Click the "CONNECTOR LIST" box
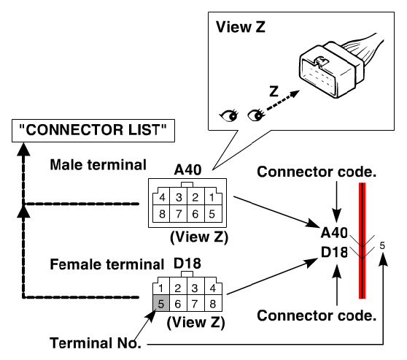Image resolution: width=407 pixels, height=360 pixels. pos(93,131)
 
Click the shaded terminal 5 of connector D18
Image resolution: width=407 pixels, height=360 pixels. pos(161,303)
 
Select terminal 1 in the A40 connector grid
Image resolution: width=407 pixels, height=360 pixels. pos(212,197)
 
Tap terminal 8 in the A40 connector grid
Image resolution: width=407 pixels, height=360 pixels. pos(162,214)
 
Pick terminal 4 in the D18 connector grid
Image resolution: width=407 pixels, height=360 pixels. pos(213,288)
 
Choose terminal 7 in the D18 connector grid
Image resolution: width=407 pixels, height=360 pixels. pos(195,303)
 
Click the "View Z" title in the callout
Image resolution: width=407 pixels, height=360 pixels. pos(241,27)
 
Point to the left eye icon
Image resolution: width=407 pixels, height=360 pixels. pos(229,115)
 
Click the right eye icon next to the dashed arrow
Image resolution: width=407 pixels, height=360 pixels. pos(256,115)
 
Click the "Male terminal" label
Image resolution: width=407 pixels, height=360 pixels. pos(98,165)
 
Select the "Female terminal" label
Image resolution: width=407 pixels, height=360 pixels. pos(106,264)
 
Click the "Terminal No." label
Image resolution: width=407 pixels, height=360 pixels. pos(96,343)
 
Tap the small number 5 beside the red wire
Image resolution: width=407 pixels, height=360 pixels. pos(382,245)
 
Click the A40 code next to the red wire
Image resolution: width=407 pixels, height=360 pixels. pos(334,233)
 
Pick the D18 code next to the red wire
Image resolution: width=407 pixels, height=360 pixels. pos(334,252)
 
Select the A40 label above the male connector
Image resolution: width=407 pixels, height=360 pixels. pos(187,169)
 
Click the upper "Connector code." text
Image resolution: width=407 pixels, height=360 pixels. pos(317,172)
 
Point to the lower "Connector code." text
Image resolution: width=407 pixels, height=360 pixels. pos(317,315)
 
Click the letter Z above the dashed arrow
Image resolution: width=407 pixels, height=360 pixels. pos(274,91)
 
